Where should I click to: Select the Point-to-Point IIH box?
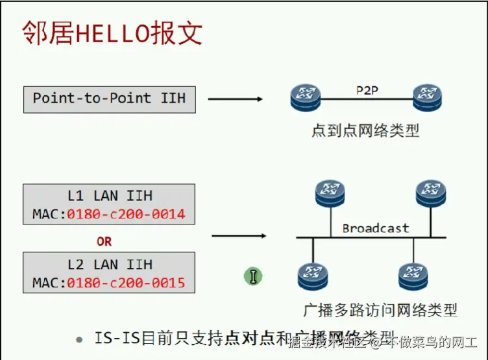(109, 99)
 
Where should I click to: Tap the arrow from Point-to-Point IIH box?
(235, 99)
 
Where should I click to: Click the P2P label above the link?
(367, 90)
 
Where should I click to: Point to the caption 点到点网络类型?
(365, 130)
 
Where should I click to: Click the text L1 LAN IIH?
(109, 195)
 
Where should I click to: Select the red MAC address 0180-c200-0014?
(126, 213)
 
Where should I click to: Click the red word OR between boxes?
(104, 241)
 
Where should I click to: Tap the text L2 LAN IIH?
(109, 265)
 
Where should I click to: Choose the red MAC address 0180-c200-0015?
(126, 283)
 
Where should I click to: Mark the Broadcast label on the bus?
(376, 228)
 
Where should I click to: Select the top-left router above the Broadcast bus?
(328, 191)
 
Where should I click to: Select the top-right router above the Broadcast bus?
(431, 191)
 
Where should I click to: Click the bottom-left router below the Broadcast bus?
(313, 275)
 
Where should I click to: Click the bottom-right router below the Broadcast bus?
(413, 275)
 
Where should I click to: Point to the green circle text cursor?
(252, 276)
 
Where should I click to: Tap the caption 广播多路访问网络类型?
(380, 310)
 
